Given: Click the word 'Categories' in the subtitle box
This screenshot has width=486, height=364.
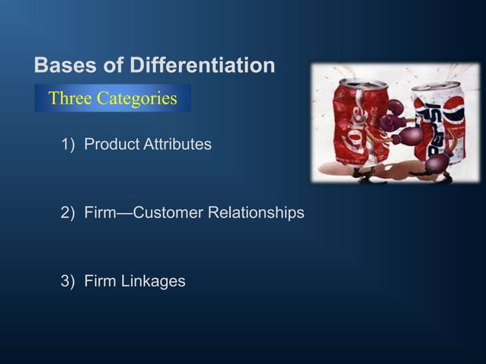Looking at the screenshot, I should pos(141,98).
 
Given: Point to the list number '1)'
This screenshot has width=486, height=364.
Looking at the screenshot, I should pos(68,143).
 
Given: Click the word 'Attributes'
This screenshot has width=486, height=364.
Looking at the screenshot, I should pos(178,143).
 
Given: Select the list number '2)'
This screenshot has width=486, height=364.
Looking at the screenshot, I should pos(68,212).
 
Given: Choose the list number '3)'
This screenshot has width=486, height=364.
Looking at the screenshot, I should pos(68,281).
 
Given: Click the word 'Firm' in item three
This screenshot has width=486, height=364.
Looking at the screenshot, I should pos(100,281).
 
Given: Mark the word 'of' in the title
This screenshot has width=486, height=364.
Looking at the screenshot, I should pos(117,65).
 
